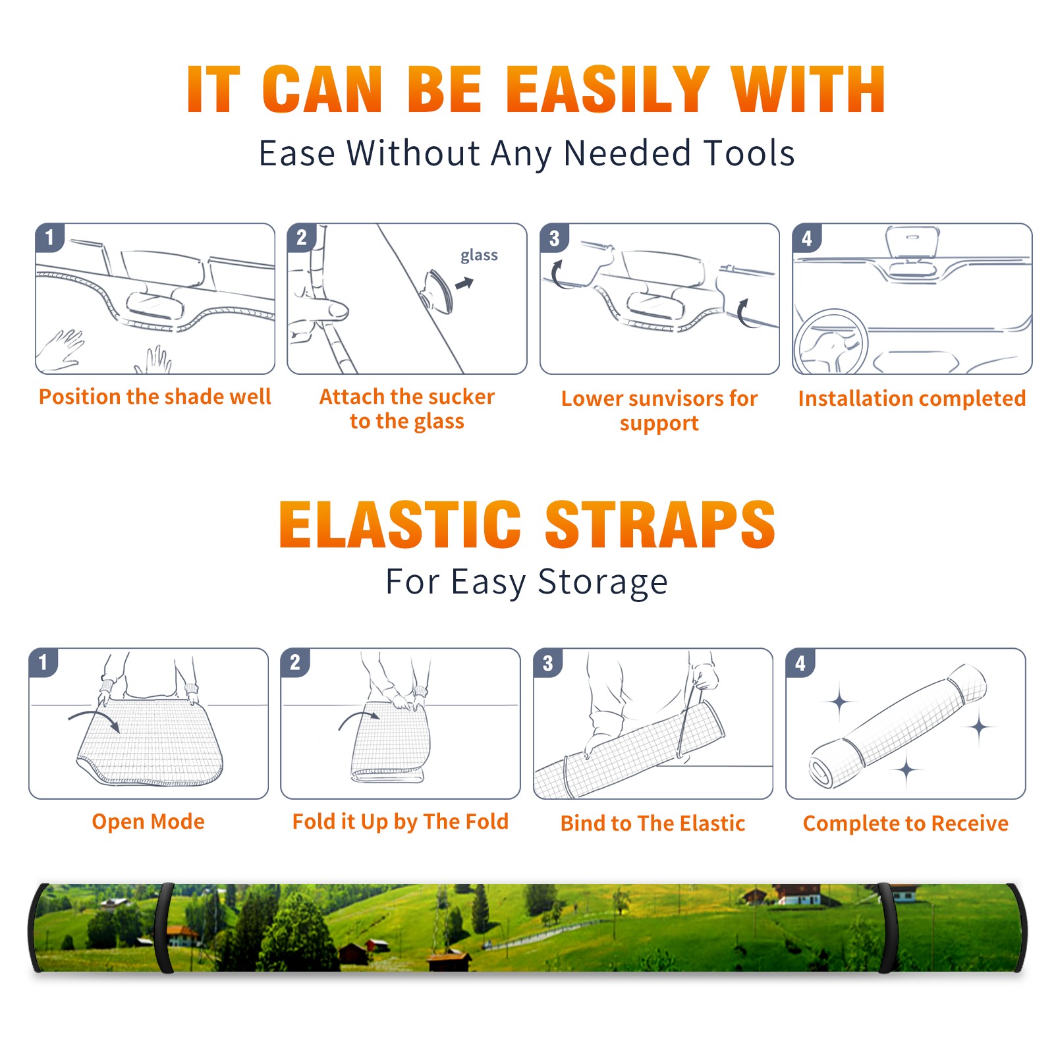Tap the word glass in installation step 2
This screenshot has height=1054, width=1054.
479,256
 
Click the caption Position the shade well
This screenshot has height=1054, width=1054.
155,397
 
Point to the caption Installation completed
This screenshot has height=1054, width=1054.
912,399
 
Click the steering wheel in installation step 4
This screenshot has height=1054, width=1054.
831,343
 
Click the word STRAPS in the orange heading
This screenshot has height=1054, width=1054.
660,524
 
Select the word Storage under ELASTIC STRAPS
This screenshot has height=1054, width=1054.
603,582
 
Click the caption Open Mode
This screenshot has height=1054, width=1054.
148,821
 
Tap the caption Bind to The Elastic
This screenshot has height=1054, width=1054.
653,823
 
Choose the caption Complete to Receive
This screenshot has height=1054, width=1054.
906,823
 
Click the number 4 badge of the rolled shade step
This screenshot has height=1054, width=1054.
800,663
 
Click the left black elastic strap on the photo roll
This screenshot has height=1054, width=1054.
164,928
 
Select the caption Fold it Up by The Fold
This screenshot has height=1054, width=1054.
401,821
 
